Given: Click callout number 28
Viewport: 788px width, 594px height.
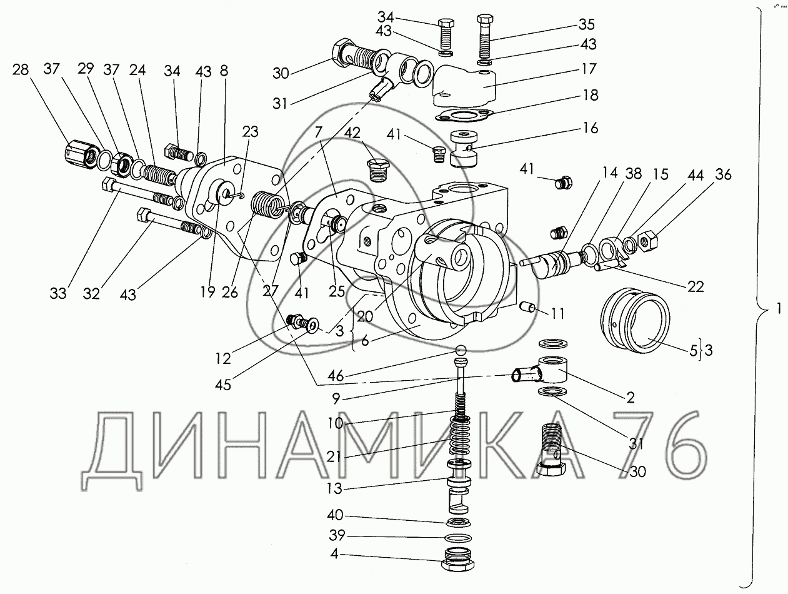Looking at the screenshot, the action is coord(20,69).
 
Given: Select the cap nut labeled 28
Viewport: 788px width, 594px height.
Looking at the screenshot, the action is coord(81,156).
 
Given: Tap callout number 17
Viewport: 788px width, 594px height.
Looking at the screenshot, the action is coord(589,69).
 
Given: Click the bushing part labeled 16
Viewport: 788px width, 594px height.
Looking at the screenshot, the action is coord(464,148).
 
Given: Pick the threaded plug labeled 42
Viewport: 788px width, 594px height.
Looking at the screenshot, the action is coord(379,171).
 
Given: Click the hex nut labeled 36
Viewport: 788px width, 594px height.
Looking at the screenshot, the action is coord(650,240).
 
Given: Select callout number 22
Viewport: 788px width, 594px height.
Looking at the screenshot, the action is coord(696,287).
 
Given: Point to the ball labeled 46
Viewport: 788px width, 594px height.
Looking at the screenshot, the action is coord(461,350).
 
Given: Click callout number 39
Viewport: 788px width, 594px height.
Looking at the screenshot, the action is coord(337,535).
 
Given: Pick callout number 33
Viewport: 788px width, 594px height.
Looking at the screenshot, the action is coord(58,293).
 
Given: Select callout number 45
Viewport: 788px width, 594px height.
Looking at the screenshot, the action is coord(223,385).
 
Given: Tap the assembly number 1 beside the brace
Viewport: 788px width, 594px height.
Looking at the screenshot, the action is coord(778,308).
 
